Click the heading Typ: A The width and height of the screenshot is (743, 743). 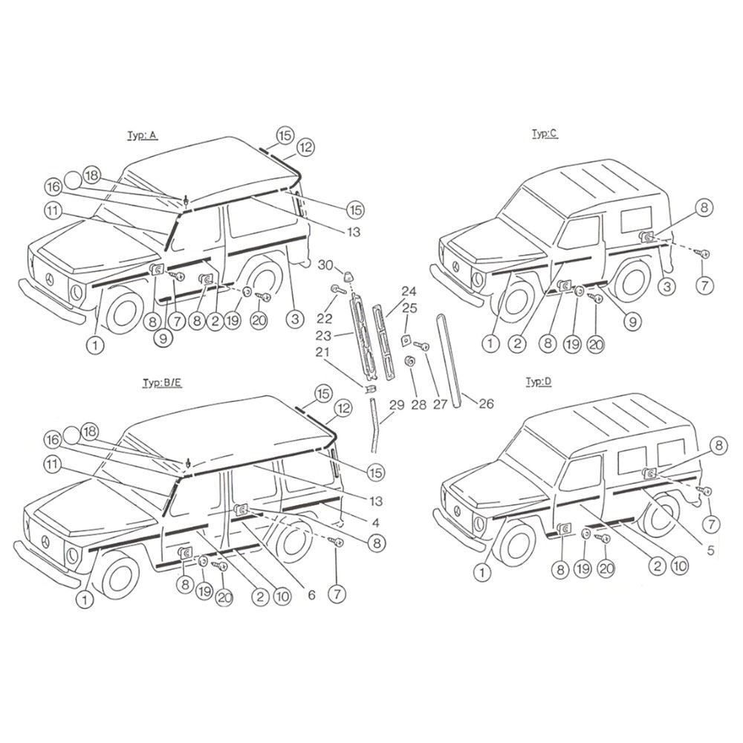coord(142,135)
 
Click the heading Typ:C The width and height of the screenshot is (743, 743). coord(545,134)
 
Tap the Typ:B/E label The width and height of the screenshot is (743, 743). coord(162,383)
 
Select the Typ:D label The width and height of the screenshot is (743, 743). coord(539,382)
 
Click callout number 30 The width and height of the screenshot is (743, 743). coord(325,265)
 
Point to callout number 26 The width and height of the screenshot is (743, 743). coord(486,403)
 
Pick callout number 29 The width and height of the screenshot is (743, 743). coord(397,405)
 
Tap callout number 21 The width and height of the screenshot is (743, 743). coord(322,352)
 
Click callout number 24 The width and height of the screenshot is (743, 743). coord(409,291)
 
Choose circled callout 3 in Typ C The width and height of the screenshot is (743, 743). coord(667,287)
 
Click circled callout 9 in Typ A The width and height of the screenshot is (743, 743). coord(163,338)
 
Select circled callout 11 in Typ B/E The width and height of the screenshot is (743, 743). coord(52,464)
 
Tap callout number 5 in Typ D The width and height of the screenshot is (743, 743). coord(710,550)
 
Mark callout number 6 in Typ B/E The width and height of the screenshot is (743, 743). coord(311,594)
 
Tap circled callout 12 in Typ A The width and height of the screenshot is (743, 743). coord(305,147)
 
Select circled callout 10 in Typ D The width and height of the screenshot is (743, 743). coord(681,565)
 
